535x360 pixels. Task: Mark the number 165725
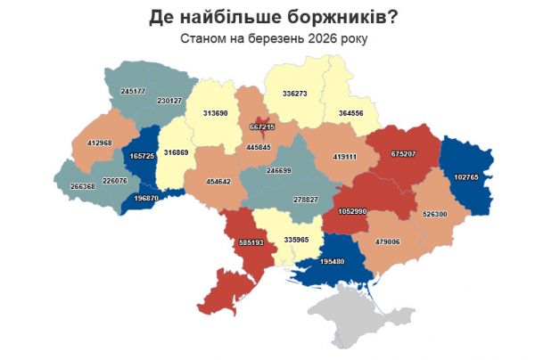pos(143,157)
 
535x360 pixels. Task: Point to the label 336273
pos(294,93)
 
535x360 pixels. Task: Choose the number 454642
pos(218,181)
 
